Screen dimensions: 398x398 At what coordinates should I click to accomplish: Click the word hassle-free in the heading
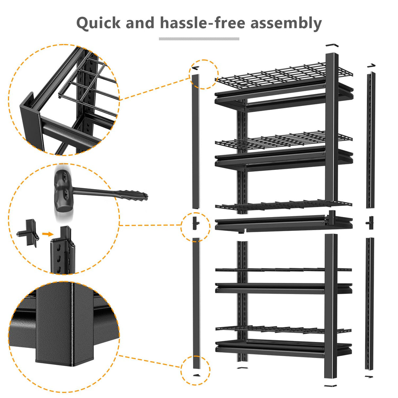tap(202, 23)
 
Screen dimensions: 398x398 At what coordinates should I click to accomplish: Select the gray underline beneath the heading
tap(199, 39)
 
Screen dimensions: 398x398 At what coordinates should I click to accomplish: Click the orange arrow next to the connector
tap(48, 234)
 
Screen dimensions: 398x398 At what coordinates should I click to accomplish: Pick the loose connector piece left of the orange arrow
tap(29, 233)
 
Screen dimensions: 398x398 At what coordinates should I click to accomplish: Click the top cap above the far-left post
tap(195, 68)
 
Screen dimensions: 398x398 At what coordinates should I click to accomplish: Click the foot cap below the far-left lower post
tap(196, 375)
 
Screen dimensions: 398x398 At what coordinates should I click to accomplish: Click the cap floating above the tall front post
tap(332, 45)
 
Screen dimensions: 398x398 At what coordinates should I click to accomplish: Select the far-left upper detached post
tap(196, 141)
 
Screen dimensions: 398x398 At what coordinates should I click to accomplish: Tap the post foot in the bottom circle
tap(56, 357)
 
